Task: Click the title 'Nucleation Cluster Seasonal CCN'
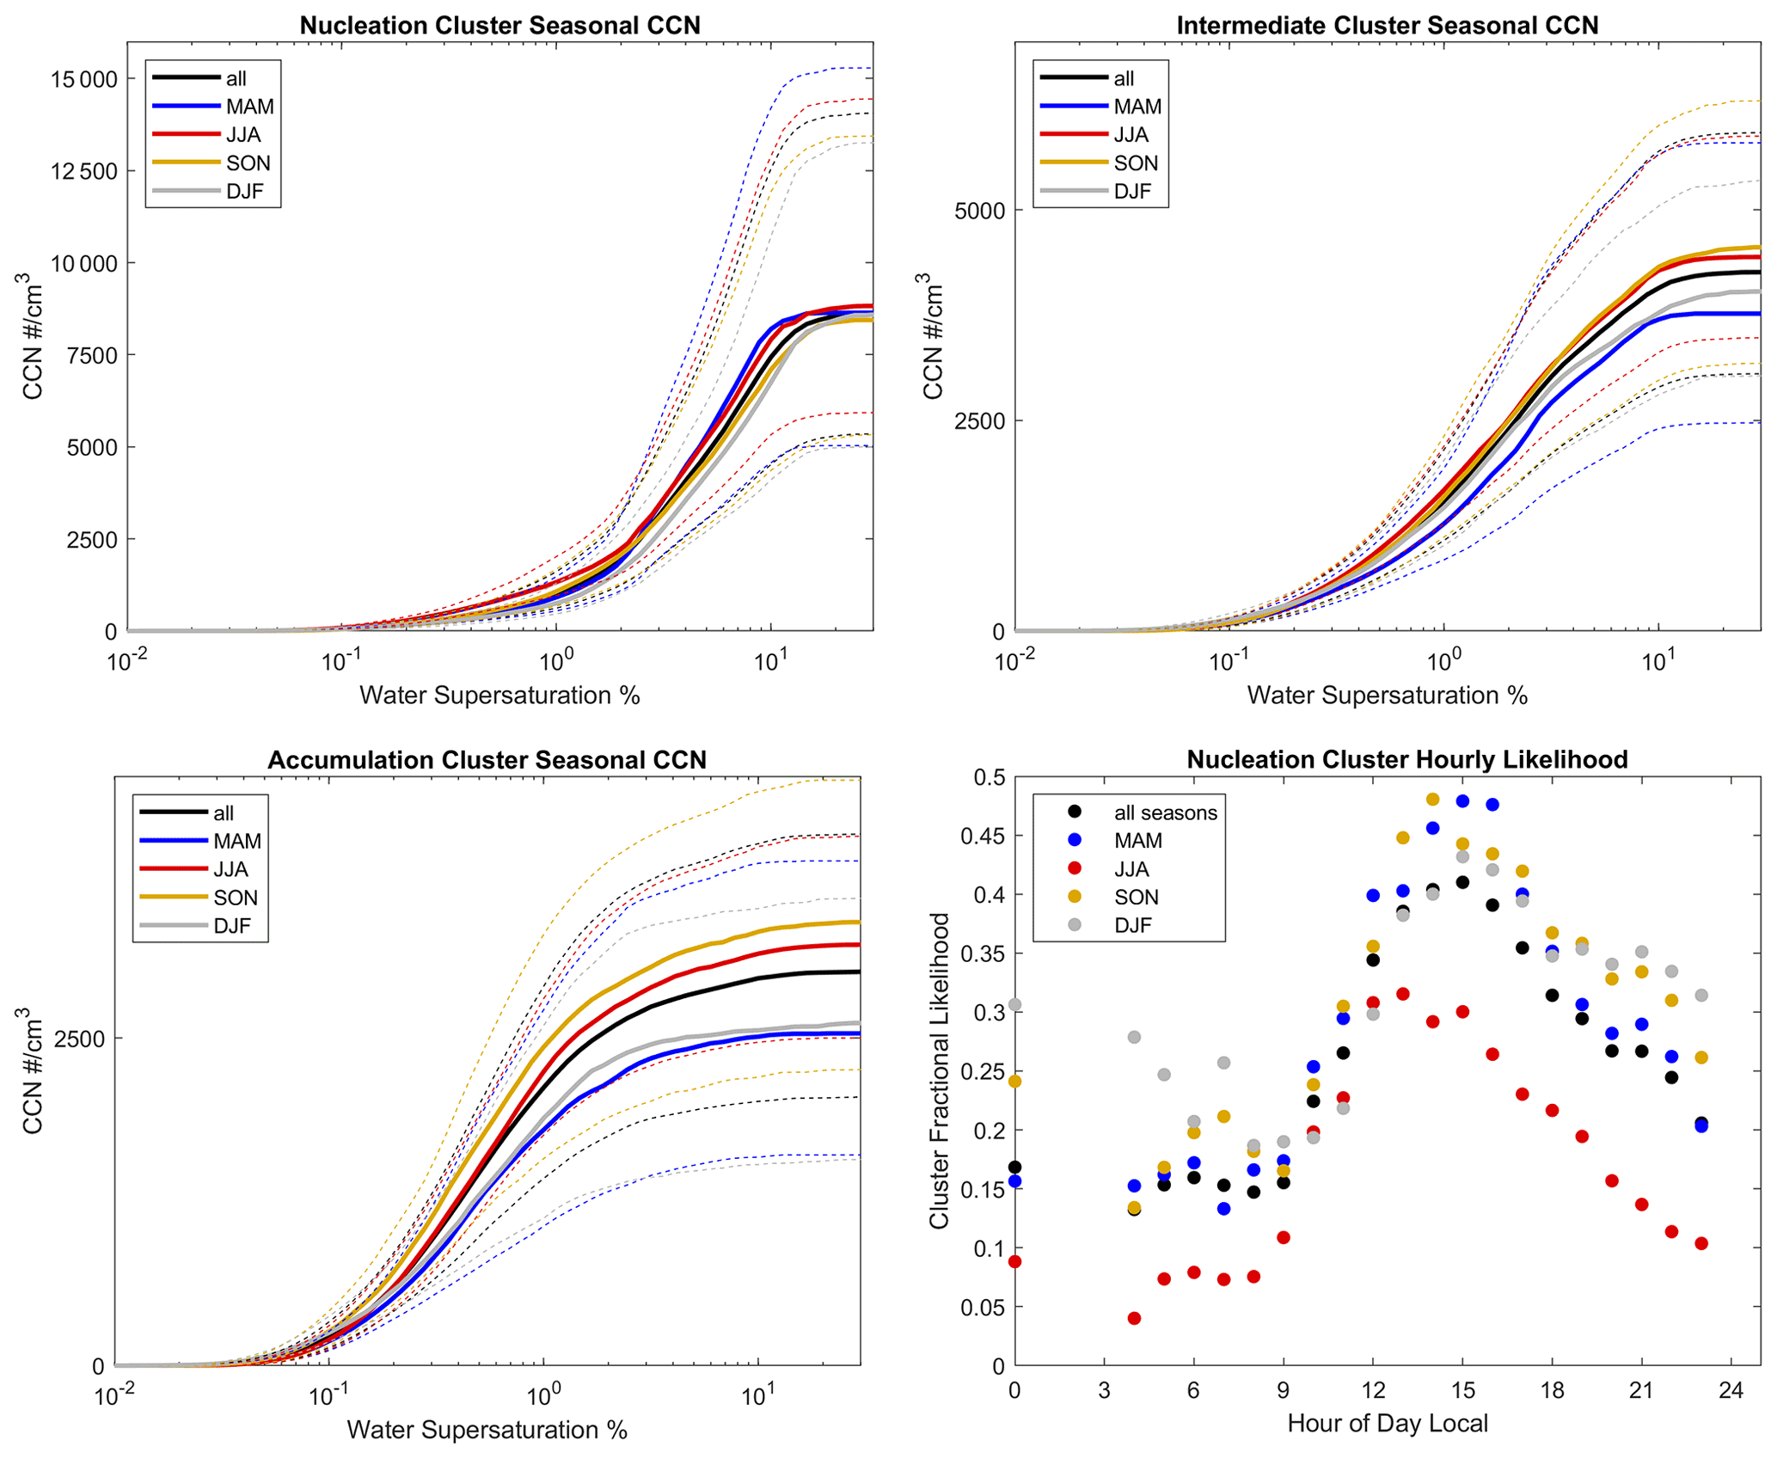pos(499,26)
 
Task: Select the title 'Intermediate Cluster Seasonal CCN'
pos(1387,26)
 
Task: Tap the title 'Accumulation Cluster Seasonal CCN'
pos(487,760)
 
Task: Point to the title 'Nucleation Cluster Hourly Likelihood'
pos(1406,760)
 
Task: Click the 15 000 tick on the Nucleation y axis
pos(83,79)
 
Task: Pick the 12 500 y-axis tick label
pos(83,171)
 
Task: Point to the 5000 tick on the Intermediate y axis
pos(979,211)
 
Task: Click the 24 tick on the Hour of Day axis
pos(1731,1390)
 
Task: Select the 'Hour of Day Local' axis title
pos(1387,1424)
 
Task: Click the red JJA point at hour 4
pos(1134,1318)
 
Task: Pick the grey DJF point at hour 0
pos(1014,1004)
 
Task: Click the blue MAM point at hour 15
pos(1462,800)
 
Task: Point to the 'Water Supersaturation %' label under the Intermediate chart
pos(1387,696)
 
